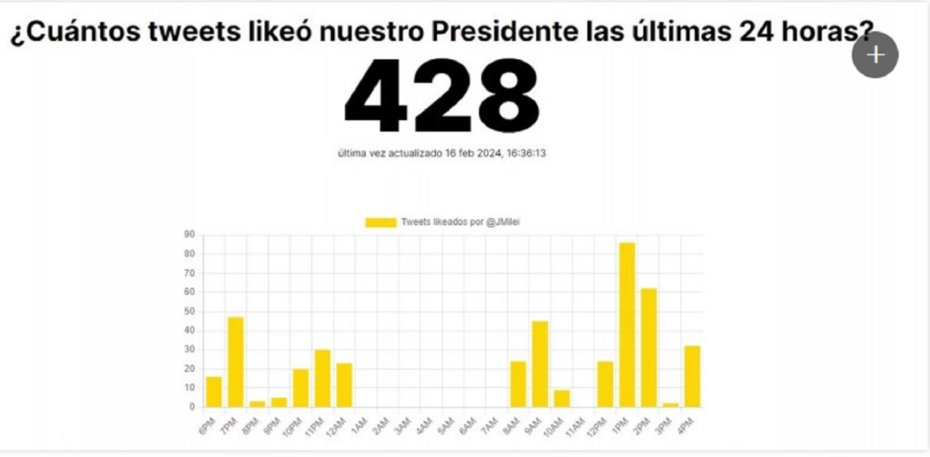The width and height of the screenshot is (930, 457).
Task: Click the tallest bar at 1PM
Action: [627, 324]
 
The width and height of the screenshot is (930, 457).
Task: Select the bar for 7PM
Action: [235, 362]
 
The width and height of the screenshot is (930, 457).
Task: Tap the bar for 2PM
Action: [648, 347]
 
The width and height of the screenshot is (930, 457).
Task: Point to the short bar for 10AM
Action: [561, 398]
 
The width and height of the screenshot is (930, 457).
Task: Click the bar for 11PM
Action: [322, 378]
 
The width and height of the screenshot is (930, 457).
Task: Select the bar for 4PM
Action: [692, 376]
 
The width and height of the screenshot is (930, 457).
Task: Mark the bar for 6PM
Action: [213, 392]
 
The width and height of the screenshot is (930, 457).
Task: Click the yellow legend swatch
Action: [381, 222]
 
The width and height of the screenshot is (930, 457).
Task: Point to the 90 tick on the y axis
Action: [189, 234]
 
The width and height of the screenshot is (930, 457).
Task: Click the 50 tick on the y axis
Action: [189, 311]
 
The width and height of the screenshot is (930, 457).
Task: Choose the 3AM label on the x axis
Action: [401, 423]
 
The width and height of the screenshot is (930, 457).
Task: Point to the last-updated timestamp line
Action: [441, 154]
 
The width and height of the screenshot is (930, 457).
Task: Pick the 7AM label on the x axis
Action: [489, 423]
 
